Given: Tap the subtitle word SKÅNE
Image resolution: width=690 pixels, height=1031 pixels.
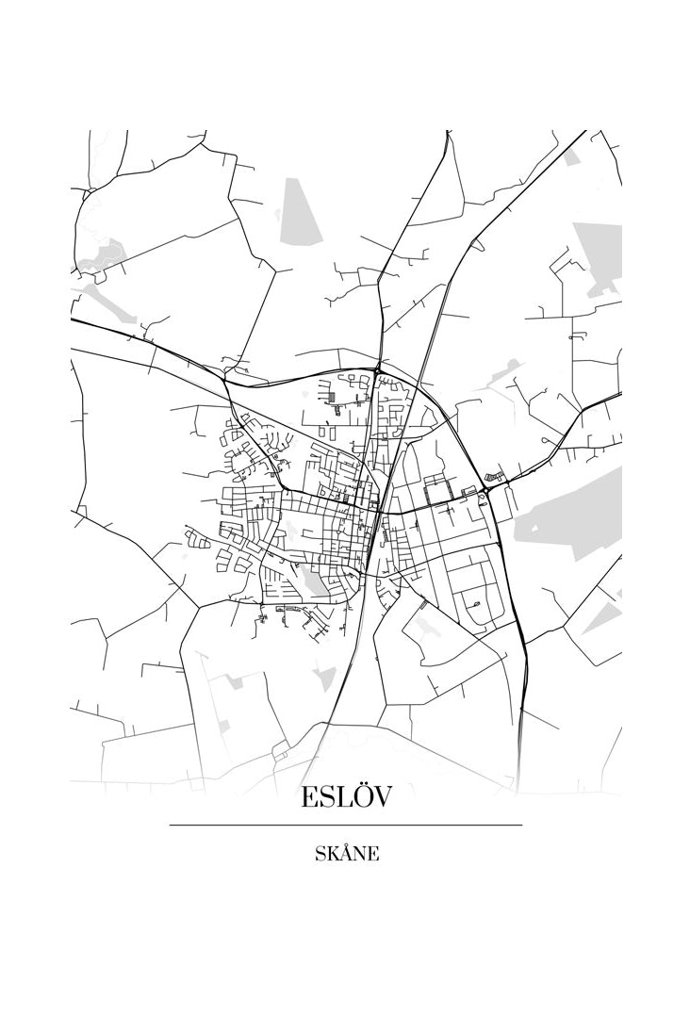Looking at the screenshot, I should click(x=347, y=855).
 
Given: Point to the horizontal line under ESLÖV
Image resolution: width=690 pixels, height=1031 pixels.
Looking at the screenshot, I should click(x=345, y=826).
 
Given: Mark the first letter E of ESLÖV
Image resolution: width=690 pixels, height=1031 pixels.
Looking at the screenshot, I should click(x=309, y=797).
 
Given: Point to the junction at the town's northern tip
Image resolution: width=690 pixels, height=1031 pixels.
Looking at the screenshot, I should click(x=377, y=368).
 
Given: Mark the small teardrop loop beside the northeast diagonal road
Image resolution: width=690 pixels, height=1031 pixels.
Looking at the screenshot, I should click(x=478, y=245).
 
